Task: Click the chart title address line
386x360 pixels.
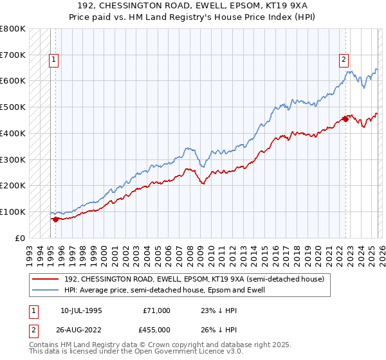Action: pyautogui.click(x=192, y=6)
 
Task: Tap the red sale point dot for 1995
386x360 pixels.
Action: pyautogui.click(x=55, y=219)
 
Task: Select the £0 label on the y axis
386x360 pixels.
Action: pyautogui.click(x=21, y=238)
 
